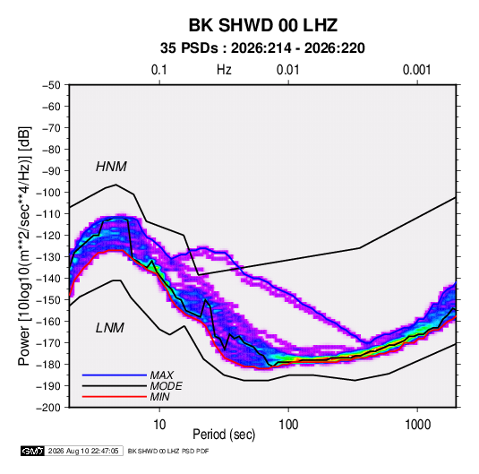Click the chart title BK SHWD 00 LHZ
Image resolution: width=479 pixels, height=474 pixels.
point(263,25)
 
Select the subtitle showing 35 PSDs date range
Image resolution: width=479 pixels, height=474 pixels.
point(262,48)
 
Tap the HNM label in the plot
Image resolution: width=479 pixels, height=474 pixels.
point(111,167)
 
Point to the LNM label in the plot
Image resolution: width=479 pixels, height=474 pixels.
point(110,328)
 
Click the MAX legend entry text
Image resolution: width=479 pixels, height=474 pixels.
point(161,375)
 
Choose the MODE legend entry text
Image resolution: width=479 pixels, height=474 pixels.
point(167,386)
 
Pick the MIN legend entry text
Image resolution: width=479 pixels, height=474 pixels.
point(159,397)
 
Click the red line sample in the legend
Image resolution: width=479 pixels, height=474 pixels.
point(115,397)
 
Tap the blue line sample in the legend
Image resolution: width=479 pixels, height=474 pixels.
point(115,375)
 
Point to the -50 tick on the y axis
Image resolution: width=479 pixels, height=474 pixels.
point(51,85)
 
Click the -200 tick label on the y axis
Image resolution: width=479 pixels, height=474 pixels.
point(48,408)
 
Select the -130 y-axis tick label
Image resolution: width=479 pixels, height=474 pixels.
point(48,257)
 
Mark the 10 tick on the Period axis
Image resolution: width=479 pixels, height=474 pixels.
point(159,425)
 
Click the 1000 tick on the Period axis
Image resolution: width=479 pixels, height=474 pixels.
point(417,425)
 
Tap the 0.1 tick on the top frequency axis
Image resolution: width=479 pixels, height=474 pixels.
point(159,70)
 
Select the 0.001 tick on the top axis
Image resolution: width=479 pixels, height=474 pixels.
point(416,70)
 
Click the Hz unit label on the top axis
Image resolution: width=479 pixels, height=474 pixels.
point(224,70)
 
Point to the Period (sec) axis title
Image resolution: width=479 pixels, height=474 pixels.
point(224,435)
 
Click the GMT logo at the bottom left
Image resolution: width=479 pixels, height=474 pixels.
point(33,451)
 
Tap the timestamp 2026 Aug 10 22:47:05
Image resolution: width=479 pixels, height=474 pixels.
point(83,451)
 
